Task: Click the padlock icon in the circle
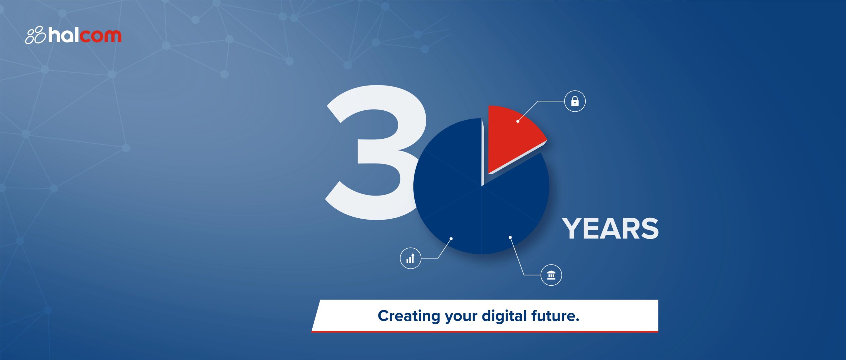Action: (575, 101)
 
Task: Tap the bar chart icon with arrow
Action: (410, 258)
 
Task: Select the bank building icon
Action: (551, 275)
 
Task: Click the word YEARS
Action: (610, 229)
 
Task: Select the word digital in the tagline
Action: (504, 316)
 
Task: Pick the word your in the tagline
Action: (461, 317)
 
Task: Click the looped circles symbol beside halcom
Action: (35, 35)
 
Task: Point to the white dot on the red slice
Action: (518, 122)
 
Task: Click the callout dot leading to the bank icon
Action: (510, 237)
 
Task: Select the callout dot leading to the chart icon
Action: (451, 238)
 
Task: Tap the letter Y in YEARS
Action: (573, 229)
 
